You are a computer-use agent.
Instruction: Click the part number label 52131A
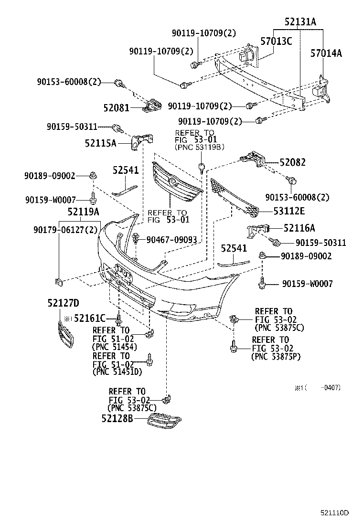(x=300, y=22)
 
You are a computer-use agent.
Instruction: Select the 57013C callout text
(x=276, y=41)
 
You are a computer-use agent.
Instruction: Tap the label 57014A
(x=326, y=53)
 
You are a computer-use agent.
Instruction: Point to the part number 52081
(x=116, y=108)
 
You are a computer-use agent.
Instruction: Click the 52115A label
(x=101, y=142)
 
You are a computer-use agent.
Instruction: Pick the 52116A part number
(x=299, y=229)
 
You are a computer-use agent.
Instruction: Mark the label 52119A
(x=83, y=211)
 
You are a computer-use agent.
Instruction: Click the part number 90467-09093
(x=171, y=239)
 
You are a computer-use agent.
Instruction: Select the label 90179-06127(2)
(x=65, y=230)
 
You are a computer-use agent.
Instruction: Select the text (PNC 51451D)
(x=117, y=372)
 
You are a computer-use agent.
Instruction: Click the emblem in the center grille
(x=171, y=181)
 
